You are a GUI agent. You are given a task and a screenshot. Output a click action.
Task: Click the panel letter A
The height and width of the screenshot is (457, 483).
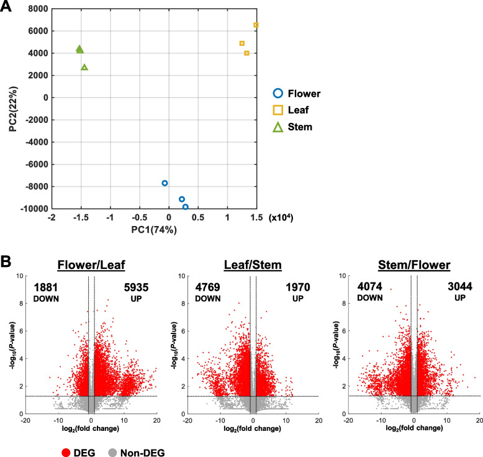click(8, 8)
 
